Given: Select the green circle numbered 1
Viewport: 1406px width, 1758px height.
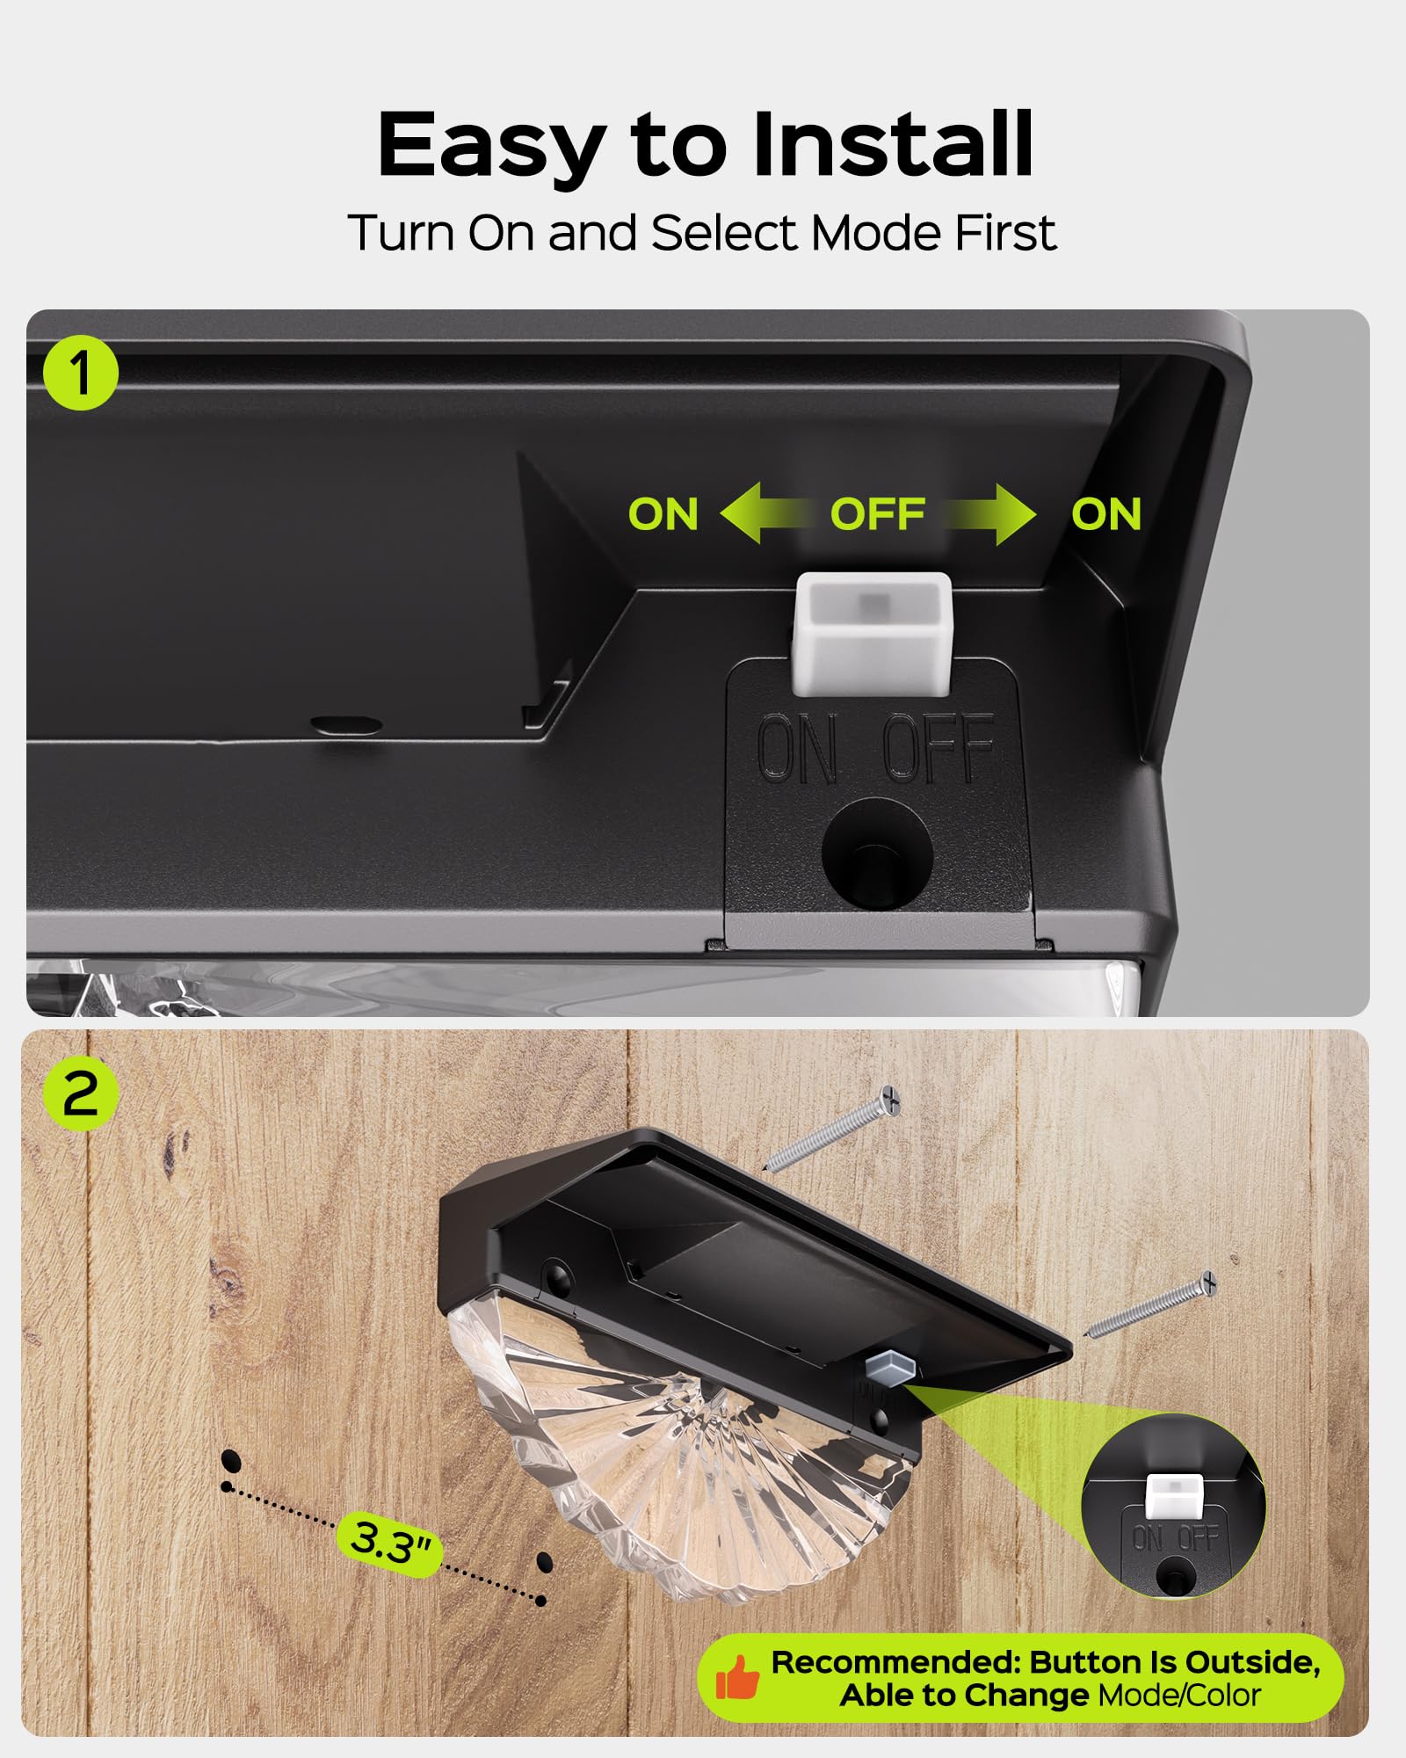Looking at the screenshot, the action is (x=81, y=373).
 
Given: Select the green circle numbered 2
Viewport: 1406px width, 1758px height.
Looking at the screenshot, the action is (x=81, y=1093).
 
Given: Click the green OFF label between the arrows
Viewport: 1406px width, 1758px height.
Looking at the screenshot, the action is (x=878, y=514).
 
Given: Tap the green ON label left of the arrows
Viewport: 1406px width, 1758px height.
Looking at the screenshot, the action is (x=663, y=514).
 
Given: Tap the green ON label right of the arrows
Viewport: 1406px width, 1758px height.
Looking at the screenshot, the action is (x=1106, y=514).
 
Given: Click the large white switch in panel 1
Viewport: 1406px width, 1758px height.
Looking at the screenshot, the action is (x=873, y=635).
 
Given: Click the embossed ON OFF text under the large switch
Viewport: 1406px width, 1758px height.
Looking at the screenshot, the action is (x=876, y=748).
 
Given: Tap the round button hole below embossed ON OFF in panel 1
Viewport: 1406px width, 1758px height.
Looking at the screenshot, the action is (x=876, y=854).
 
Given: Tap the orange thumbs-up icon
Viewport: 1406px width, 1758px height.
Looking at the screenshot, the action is (x=737, y=1676).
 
